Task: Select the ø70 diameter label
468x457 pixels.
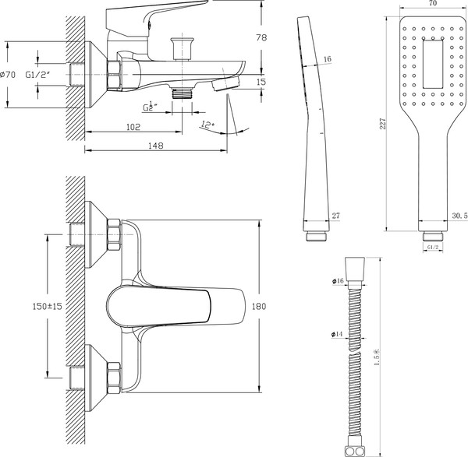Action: tap(9, 75)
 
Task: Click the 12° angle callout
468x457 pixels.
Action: tap(207, 124)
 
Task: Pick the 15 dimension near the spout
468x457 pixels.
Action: tap(261, 82)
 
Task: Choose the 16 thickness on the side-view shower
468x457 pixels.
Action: tap(327, 59)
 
